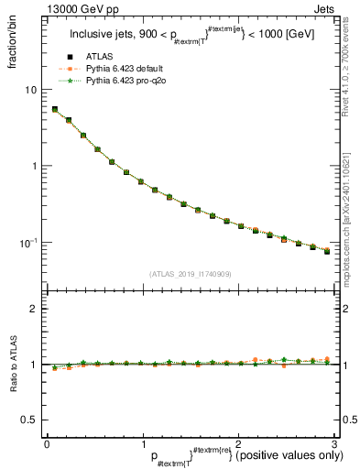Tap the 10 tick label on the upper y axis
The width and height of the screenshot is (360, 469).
tap(30, 90)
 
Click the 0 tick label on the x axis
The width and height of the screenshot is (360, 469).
tap(47, 443)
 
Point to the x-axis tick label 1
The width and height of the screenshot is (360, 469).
tap(142, 443)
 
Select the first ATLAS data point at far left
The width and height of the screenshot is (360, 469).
tap(54, 109)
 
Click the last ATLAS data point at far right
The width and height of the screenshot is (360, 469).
tap(327, 251)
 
